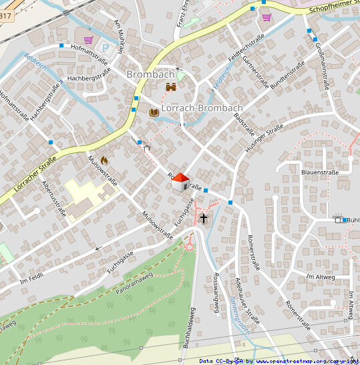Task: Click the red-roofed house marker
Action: tap(180, 182)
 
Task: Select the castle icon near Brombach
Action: tap(171, 87)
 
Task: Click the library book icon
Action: tap(154, 112)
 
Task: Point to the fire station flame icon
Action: tap(104, 160)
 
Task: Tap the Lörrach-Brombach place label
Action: tap(202, 108)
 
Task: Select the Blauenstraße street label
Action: tap(321, 172)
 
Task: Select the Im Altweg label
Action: tap(320, 276)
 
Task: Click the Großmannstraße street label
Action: tap(321, 64)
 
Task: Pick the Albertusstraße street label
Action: tap(54, 199)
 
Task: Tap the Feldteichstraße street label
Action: tap(242, 51)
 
